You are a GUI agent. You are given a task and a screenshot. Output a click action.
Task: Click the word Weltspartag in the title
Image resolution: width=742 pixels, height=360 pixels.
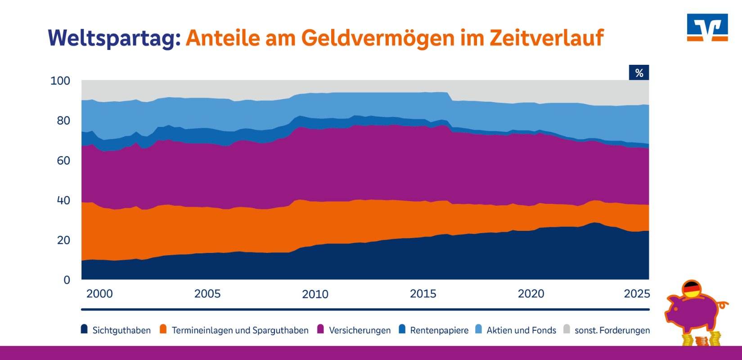coord(114,38)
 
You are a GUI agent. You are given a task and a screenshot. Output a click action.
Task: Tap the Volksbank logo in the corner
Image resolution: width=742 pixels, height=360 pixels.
coord(707,27)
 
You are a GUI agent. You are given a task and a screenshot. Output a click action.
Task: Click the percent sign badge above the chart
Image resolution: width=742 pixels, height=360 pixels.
coord(639,73)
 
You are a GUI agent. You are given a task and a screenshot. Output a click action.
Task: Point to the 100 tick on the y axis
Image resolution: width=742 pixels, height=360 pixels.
coord(60,81)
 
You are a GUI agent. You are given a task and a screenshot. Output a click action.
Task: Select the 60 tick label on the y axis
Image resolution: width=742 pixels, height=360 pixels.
coord(63,161)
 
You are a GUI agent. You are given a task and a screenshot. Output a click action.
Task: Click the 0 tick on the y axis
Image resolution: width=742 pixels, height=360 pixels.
coord(67,280)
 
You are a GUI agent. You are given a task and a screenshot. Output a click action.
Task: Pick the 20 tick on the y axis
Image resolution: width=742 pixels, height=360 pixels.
coord(63,240)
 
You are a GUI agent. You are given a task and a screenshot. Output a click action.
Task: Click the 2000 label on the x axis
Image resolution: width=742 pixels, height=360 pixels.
coord(99,294)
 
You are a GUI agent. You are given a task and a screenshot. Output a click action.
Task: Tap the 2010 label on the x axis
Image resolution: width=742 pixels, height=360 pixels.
coord(315,294)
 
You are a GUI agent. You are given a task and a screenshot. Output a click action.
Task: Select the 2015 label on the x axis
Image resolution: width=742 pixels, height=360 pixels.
coord(423,294)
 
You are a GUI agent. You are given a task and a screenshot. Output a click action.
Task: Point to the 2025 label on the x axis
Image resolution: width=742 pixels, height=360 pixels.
coord(637,294)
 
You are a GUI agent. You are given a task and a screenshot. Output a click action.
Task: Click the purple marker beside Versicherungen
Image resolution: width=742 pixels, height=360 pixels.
coord(321,329)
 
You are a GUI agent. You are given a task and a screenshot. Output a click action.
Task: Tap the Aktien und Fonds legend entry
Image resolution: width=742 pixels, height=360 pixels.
coord(521,330)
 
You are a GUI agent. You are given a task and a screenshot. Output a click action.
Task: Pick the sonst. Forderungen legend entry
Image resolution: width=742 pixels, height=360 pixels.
coord(612,330)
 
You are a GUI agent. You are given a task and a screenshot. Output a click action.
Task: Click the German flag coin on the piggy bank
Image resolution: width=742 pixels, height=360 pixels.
coord(692,289)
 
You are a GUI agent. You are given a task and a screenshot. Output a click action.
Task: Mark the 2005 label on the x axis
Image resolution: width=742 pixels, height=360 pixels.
coord(207,294)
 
